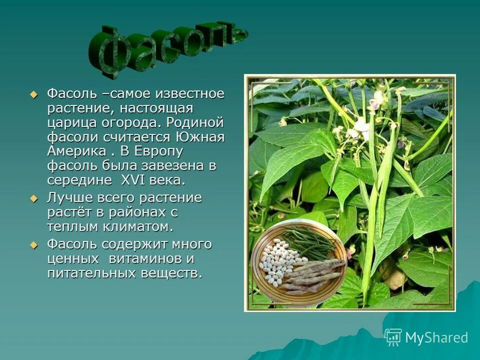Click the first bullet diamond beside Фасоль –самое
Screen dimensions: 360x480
(x=33, y=94)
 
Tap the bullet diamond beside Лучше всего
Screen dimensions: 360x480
(x=33, y=198)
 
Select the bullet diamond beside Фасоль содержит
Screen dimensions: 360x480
(x=33, y=245)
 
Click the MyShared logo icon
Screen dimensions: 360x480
(x=393, y=337)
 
